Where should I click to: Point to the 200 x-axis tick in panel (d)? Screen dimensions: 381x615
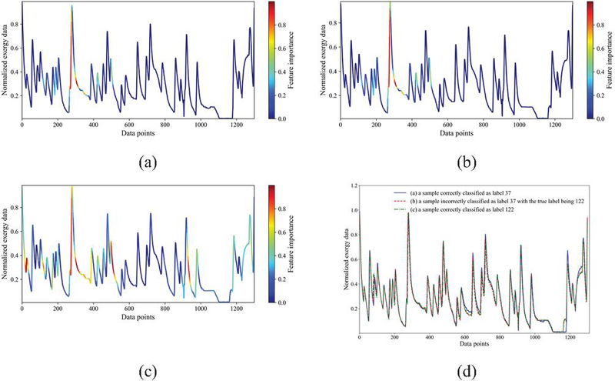click(394, 339)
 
